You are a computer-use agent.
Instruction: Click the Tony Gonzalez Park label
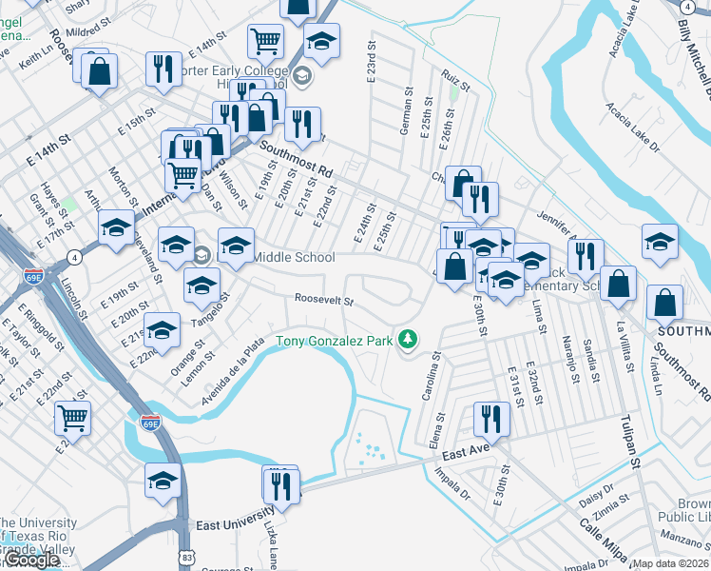pyautogui.click(x=336, y=341)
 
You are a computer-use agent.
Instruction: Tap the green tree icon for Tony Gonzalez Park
pyautogui.click(x=408, y=339)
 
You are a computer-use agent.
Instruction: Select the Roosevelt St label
pyautogui.click(x=324, y=301)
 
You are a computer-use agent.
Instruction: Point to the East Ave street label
pyautogui.click(x=465, y=455)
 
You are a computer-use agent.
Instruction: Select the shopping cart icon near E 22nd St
pyautogui.click(x=72, y=417)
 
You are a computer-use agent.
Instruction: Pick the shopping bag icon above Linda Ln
pyautogui.click(x=664, y=303)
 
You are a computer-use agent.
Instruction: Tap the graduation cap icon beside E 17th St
pyautogui.click(x=116, y=227)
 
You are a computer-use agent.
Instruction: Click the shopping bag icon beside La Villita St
pyautogui.click(x=618, y=283)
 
